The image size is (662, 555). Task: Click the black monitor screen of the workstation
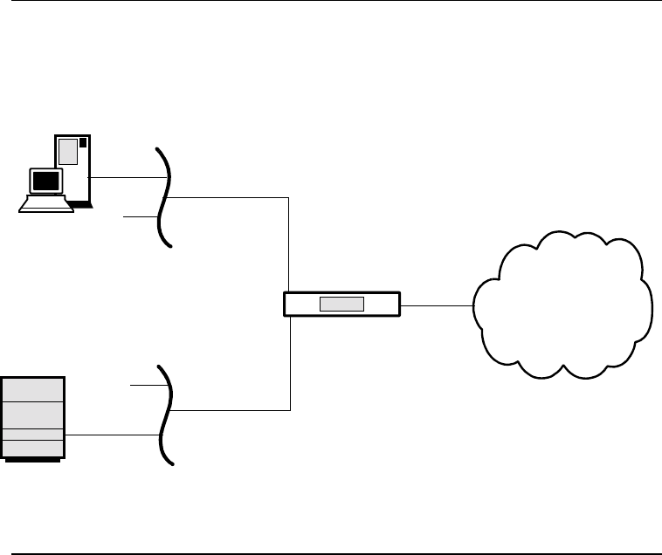pos(45,182)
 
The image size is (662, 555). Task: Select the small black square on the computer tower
pos(83,142)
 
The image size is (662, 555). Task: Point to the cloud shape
pos(563,305)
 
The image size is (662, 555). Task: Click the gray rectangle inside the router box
pos(341,304)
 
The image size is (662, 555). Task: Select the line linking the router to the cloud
pos(436,305)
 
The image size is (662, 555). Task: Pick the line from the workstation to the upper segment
pos(122,179)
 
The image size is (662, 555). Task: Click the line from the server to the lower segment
pos(114,434)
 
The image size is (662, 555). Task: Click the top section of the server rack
pos(33,389)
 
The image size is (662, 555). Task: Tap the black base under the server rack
pos(33,459)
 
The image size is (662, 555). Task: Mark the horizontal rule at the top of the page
pos(331,2)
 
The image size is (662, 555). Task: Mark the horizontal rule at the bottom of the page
pos(331,552)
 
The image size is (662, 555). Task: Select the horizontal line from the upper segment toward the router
pos(227,198)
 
